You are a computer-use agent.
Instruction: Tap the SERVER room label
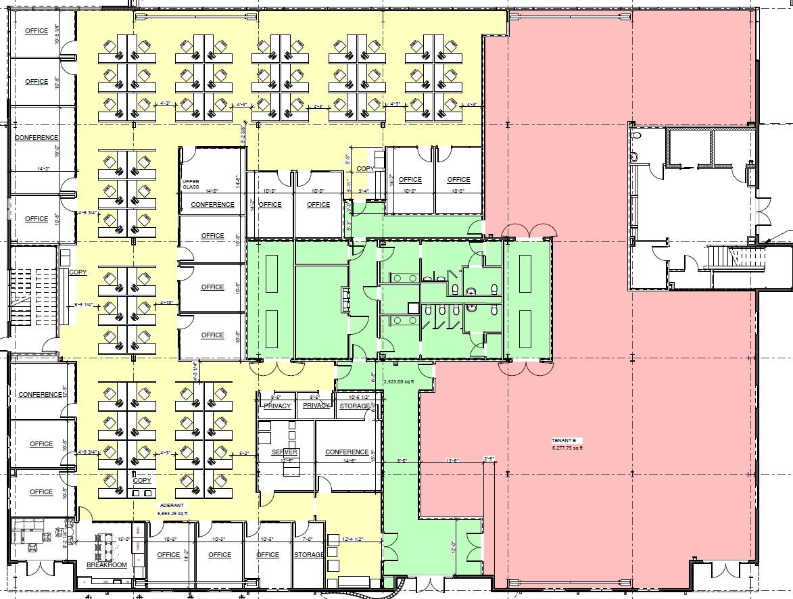[x=285, y=452]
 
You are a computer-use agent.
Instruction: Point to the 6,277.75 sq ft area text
[x=566, y=447]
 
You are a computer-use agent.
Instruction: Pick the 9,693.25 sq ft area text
[x=172, y=513]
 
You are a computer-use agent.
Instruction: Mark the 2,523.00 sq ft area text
[x=402, y=382]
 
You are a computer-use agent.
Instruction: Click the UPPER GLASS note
[x=190, y=185]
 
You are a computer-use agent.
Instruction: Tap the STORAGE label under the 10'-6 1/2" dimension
[x=355, y=406]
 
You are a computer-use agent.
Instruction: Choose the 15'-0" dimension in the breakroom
[x=124, y=539]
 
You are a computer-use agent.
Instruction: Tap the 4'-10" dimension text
[x=167, y=303]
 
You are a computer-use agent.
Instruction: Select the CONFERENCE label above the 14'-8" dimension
[x=347, y=452]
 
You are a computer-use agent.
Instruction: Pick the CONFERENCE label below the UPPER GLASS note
[x=212, y=205]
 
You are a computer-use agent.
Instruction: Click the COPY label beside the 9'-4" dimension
[x=365, y=169]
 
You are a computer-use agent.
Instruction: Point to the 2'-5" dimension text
[x=489, y=459]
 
